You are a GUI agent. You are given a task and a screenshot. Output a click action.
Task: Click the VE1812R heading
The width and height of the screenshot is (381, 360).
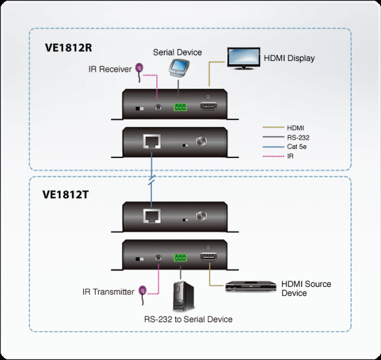coord(69,46)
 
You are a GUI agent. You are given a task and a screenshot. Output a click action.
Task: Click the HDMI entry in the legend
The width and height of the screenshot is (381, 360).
coord(295,128)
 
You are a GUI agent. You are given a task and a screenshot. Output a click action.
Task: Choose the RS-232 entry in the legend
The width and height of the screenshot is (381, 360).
coord(298,137)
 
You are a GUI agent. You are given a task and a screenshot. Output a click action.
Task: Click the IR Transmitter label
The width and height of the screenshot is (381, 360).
coord(109,292)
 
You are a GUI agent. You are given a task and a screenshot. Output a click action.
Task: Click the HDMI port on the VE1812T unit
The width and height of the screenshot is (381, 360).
coord(208,257)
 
